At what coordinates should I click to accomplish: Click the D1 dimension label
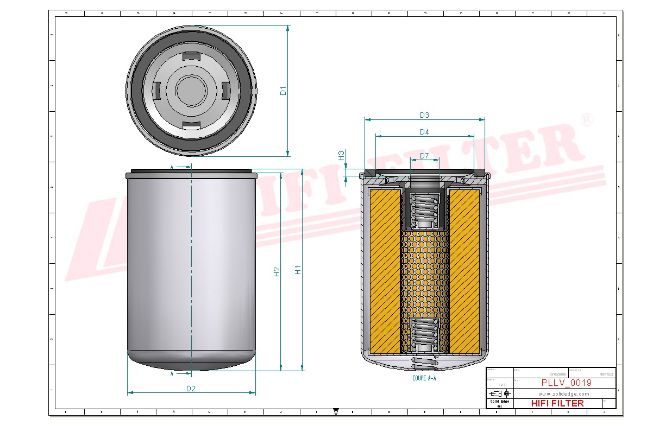tap(283, 91)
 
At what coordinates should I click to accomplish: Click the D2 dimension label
tap(191, 388)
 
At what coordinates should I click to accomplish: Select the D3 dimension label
tap(424, 115)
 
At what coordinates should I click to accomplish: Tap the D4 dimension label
tap(424, 132)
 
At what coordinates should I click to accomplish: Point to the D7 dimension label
tap(424, 156)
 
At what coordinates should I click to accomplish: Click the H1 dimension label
tap(298, 270)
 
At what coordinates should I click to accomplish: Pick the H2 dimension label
tap(276, 271)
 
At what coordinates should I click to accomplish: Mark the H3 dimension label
tap(341, 155)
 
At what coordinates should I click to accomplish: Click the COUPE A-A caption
tap(424, 378)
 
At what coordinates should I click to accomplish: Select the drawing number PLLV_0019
tap(566, 383)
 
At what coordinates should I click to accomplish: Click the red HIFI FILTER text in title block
tap(557, 403)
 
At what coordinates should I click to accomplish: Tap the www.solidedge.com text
tap(564, 393)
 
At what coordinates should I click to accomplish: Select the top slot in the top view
tap(191, 56)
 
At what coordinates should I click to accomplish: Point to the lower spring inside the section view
tap(424, 333)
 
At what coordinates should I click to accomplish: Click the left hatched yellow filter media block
tap(385, 269)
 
